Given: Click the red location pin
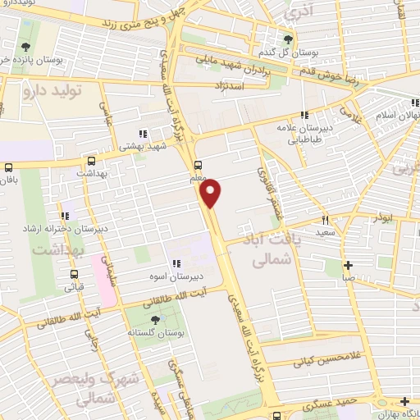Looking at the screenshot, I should coord(212,193).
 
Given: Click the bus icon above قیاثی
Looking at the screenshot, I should coord(75,275).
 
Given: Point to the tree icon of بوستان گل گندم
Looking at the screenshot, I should coord(287,39).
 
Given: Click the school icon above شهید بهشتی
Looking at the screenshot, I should coord(143,134).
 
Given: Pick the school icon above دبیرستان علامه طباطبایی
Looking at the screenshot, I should coord(305,115).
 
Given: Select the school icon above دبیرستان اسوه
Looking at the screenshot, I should coord(176,262).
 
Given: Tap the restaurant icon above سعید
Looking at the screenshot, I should coord(326,220).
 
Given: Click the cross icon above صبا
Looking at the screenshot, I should coord(349,265).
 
